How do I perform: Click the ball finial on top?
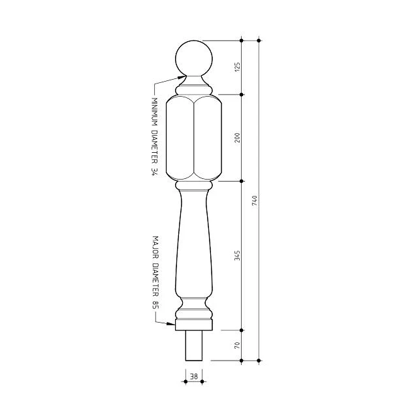(x=194, y=59)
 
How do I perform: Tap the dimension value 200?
(x=237, y=138)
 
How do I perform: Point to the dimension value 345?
(x=237, y=255)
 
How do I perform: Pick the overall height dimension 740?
(x=255, y=201)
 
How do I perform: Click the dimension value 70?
(x=237, y=346)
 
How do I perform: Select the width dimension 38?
(x=194, y=376)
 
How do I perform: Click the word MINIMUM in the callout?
(x=154, y=112)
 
